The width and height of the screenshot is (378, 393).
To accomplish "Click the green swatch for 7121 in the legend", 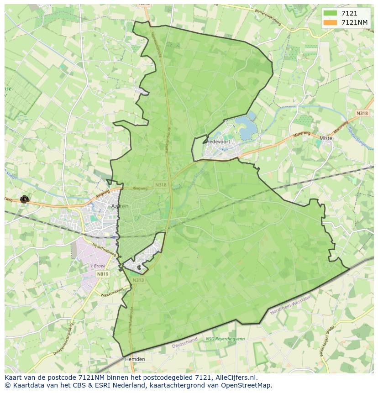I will pyautogui.click(x=330, y=14).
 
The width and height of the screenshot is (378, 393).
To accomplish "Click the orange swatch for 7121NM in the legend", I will pyautogui.click(x=330, y=22).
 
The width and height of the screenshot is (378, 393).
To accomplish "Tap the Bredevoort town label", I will pyautogui.click(x=217, y=142).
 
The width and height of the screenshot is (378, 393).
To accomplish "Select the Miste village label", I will pyautogui.click(x=326, y=138).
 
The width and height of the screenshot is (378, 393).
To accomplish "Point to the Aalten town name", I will pyautogui.click(x=120, y=206).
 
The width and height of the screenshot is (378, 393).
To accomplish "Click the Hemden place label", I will pyautogui.click(x=135, y=359).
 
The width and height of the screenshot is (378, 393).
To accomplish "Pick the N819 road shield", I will pyautogui.click(x=103, y=274).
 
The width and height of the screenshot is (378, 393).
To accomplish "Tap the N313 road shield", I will pyautogui.click(x=139, y=280).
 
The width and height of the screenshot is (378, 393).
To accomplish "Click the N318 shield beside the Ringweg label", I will pyautogui.click(x=161, y=185).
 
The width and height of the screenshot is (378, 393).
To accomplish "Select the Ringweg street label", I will pyautogui.click(x=140, y=188).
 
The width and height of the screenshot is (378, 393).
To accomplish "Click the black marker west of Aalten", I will pyautogui.click(x=24, y=199).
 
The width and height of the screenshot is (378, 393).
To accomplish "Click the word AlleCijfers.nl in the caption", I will pyautogui.click(x=235, y=377).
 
